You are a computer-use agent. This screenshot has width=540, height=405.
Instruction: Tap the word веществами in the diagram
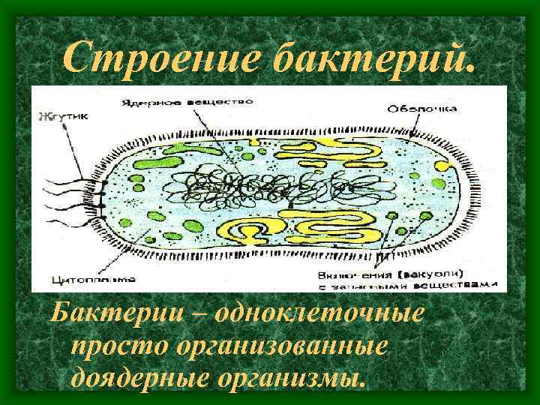click(458, 284)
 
